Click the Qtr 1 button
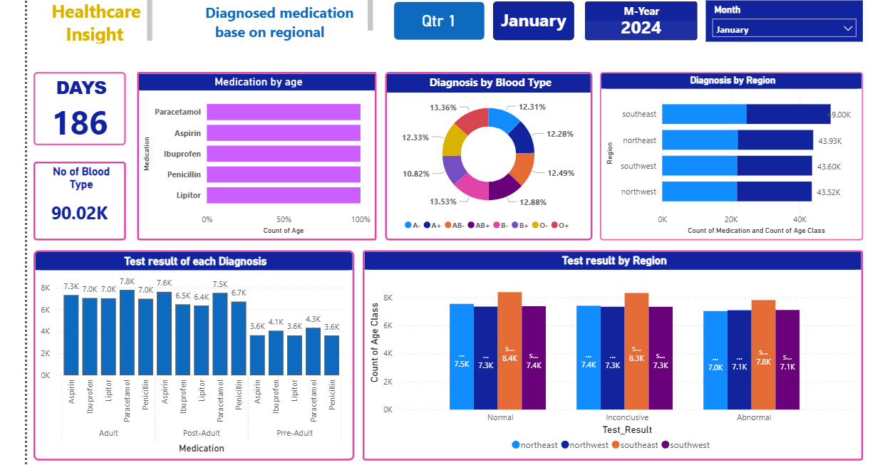438,21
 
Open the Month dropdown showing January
784,29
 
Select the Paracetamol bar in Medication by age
284,113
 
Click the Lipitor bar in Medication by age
284,195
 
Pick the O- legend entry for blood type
539,225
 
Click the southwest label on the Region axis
639,166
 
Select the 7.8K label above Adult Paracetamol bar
127,281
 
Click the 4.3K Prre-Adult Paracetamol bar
313,351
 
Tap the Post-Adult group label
202,433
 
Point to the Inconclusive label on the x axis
626,418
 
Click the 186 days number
81,122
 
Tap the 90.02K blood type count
80,212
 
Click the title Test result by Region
614,261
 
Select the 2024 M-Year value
641,28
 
